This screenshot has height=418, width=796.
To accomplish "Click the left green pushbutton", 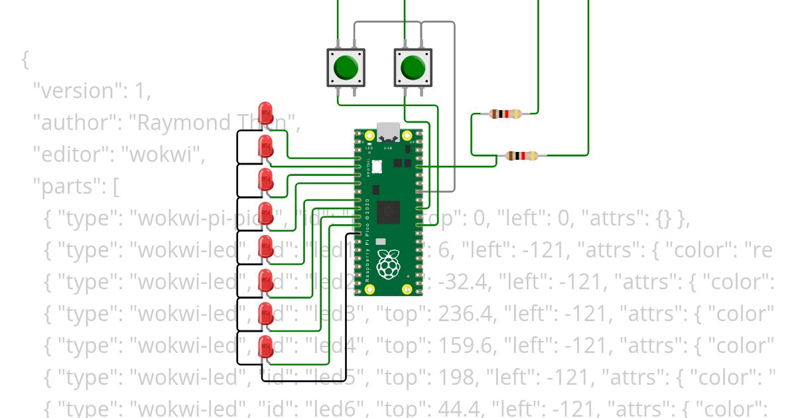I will point(346,67).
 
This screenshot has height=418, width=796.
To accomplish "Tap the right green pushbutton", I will point(413,67).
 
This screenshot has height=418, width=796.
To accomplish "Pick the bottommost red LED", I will point(265,346).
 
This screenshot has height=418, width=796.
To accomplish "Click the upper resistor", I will point(505,114).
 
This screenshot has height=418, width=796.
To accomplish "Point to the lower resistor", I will point(522,156).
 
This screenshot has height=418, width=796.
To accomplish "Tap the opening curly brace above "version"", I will point(25,59).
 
